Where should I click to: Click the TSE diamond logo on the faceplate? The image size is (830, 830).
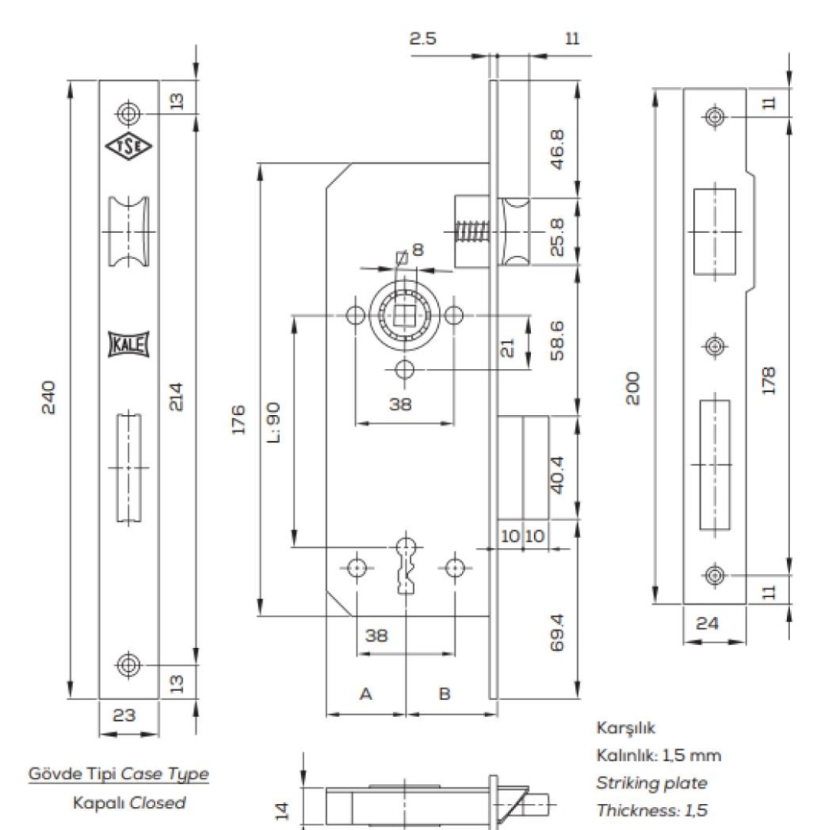point(128,146)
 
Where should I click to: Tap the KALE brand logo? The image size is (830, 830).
point(128,344)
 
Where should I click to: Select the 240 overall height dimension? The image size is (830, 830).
point(48,397)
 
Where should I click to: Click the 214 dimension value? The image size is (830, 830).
point(175,397)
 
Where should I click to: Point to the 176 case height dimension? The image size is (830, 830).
point(239,420)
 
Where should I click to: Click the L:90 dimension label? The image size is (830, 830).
point(274,422)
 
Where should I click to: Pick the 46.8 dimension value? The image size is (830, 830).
point(557,149)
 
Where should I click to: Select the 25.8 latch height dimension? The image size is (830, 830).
point(557,237)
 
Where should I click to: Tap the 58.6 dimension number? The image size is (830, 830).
point(557,340)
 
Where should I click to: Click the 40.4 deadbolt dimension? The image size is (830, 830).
point(557,475)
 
